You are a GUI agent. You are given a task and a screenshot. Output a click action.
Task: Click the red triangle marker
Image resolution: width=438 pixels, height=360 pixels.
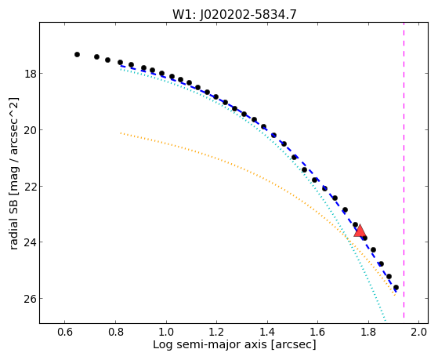(360, 231)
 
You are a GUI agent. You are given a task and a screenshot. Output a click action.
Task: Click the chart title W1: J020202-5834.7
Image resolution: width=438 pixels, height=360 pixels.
(234, 15)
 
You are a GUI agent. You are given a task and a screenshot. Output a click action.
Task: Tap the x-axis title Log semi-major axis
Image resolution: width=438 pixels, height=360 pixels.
(210, 344)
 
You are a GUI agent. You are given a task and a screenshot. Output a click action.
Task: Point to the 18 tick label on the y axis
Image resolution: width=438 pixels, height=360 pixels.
(30, 74)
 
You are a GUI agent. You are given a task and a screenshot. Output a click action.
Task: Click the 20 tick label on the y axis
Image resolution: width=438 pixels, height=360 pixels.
(30, 129)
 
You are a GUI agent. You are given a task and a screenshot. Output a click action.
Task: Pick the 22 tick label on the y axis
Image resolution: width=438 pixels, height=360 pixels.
(30, 186)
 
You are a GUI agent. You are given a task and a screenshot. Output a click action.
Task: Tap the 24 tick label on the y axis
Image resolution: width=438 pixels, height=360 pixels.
(30, 242)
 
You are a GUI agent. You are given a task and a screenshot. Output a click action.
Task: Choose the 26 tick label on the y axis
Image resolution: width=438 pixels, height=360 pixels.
(30, 299)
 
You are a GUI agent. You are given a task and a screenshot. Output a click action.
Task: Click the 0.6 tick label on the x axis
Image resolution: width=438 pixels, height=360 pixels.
(65, 332)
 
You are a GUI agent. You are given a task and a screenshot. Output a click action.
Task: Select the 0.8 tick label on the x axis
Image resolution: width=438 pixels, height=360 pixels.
(115, 332)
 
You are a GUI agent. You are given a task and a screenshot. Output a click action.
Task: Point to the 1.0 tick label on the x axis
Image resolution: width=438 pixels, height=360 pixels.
(166, 332)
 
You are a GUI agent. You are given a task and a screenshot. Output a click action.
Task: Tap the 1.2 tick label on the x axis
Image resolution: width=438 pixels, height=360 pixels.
(216, 332)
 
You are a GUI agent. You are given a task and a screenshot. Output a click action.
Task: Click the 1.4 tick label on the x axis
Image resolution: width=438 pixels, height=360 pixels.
(267, 332)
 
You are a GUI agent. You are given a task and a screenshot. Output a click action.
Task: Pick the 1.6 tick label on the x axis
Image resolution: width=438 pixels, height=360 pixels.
(317, 332)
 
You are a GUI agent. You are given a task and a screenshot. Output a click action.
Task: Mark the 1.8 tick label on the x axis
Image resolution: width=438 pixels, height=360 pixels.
(368, 332)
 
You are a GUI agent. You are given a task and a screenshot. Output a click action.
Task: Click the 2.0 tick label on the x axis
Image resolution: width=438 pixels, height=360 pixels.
(418, 332)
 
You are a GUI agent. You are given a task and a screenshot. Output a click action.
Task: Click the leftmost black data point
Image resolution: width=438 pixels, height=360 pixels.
(77, 54)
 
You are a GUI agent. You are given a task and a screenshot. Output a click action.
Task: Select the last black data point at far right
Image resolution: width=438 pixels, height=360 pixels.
(396, 287)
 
